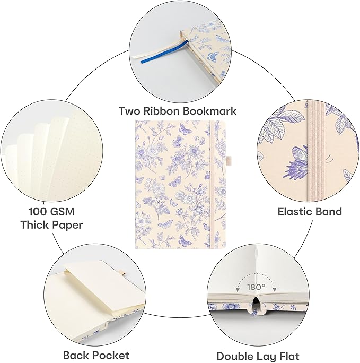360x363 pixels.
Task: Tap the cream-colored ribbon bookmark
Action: click(x=155, y=50)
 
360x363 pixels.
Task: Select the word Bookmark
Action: click(x=209, y=111)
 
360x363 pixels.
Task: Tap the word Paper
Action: click(x=67, y=225)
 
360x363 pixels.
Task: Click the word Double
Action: click(x=233, y=356)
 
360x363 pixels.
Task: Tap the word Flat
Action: click(x=288, y=356)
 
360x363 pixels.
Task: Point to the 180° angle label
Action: click(x=256, y=287)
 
